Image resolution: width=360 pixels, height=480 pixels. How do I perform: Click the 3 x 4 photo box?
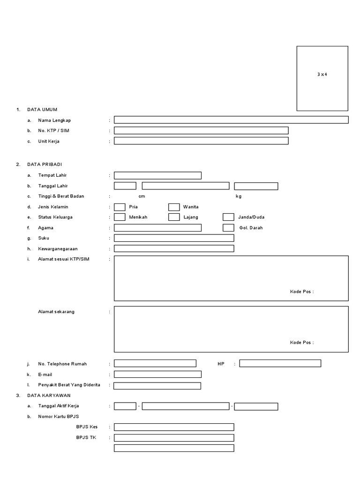[x=322, y=78]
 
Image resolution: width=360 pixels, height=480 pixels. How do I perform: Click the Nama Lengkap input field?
[x=231, y=120]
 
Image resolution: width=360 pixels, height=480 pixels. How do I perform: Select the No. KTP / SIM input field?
[x=201, y=130]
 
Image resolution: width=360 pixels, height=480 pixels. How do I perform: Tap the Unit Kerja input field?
[x=201, y=141]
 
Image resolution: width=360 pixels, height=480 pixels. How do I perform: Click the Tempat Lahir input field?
[x=157, y=175]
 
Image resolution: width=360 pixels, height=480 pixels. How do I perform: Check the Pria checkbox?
[x=120, y=207]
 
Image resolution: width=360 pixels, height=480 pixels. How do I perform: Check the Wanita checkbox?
[x=174, y=207]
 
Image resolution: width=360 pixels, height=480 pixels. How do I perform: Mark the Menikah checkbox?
[x=120, y=217]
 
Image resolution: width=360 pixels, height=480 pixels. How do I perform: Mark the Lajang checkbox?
[x=174, y=217]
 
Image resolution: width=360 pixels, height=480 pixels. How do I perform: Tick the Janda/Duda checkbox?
[x=228, y=217]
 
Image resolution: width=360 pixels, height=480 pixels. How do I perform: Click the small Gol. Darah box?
[x=228, y=228]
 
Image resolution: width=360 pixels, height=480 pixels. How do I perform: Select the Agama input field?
[x=157, y=228]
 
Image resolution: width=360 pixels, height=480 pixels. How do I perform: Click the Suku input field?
[x=174, y=238]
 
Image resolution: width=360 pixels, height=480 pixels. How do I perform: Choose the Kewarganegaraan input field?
[x=174, y=248]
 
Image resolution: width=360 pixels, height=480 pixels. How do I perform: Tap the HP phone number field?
[x=280, y=363]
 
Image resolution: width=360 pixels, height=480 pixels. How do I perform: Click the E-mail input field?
[x=157, y=374]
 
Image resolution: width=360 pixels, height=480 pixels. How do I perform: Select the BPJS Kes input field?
[x=174, y=427]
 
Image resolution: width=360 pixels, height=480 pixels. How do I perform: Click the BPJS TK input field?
[x=174, y=438]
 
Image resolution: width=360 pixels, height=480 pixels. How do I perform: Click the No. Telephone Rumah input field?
[x=155, y=363]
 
